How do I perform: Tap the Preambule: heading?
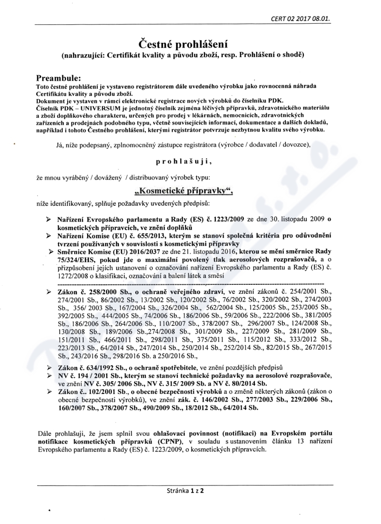pyautogui.click(x=59, y=77)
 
